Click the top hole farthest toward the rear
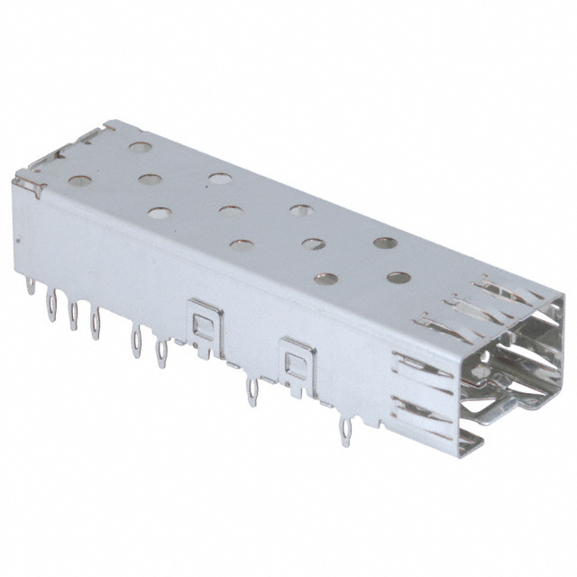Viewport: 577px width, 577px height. (139, 145)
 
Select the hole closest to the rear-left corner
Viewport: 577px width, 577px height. (79, 180)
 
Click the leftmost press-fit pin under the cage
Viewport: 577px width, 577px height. (32, 288)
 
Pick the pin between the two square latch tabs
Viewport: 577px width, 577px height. (252, 389)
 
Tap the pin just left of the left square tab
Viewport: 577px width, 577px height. (161, 351)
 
